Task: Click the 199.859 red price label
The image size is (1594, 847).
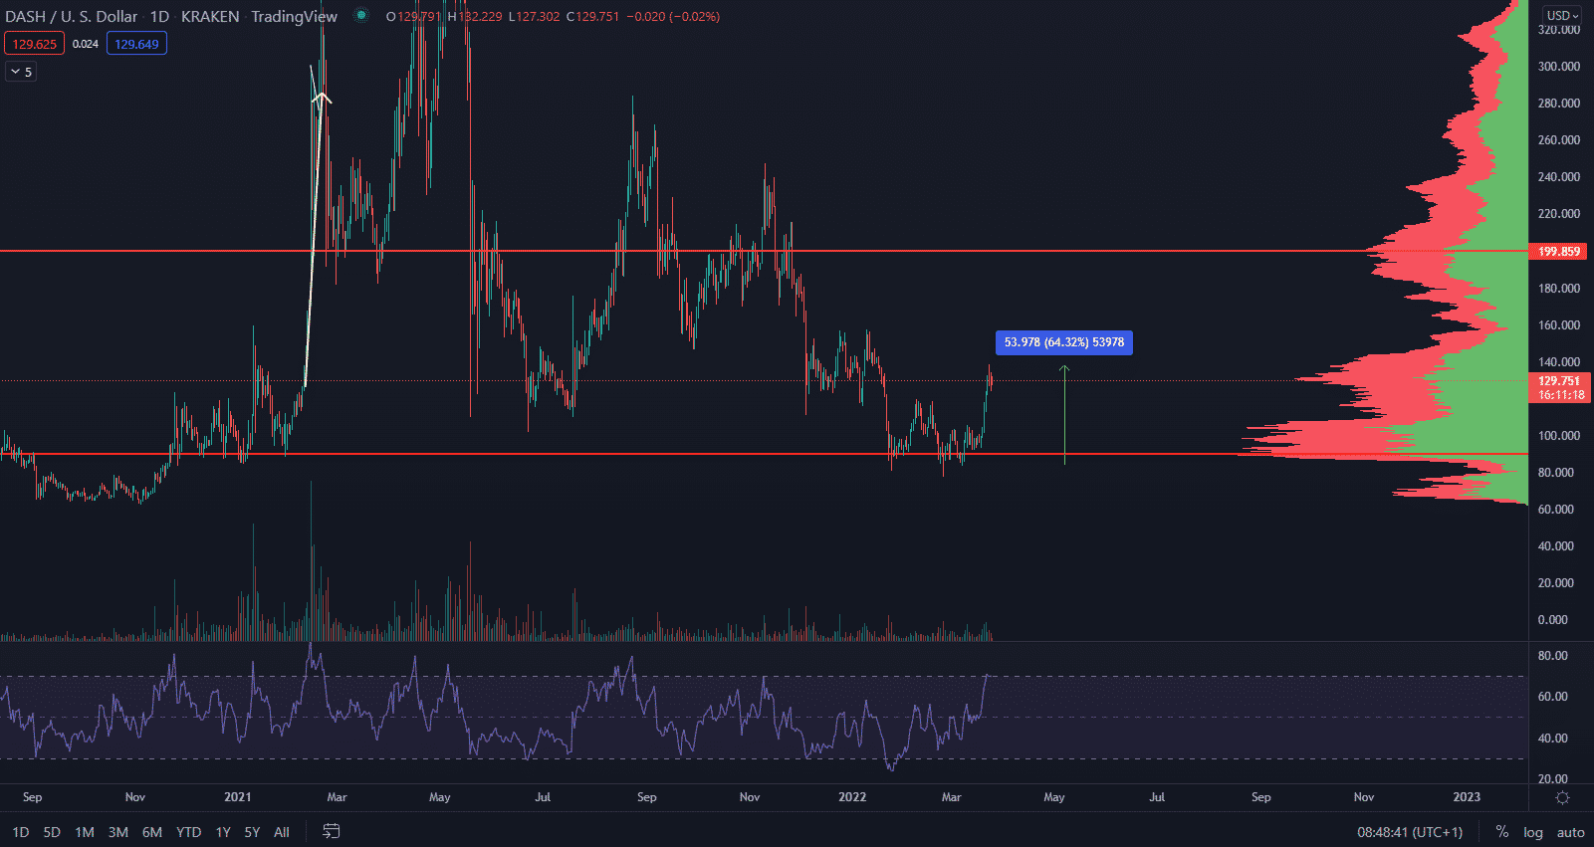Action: click(1558, 251)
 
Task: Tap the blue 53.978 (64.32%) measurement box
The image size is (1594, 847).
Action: click(1063, 342)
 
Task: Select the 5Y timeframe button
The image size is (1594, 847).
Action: click(252, 832)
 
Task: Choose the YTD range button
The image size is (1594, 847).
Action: click(188, 832)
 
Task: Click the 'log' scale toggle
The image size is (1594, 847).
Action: click(1532, 832)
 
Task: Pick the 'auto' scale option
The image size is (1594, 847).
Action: click(1570, 832)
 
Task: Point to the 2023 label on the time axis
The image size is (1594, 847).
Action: click(1466, 796)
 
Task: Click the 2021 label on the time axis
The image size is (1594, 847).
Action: click(237, 796)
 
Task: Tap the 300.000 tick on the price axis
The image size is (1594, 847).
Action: click(1558, 67)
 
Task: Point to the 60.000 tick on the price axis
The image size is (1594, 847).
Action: click(1555, 510)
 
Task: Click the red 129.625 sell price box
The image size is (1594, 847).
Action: click(35, 44)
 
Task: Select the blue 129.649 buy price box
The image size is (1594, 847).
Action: click(136, 44)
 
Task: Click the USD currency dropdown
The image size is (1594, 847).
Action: click(1561, 16)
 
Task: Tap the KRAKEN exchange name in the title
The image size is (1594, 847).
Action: click(210, 16)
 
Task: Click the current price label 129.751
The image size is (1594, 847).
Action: click(1558, 381)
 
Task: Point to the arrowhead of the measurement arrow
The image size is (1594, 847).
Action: click(1064, 367)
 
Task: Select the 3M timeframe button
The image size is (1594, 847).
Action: click(117, 832)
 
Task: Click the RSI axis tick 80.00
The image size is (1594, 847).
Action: click(1552, 656)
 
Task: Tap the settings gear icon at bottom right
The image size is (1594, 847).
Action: click(1562, 797)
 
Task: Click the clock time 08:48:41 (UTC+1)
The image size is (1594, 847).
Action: click(1410, 832)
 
